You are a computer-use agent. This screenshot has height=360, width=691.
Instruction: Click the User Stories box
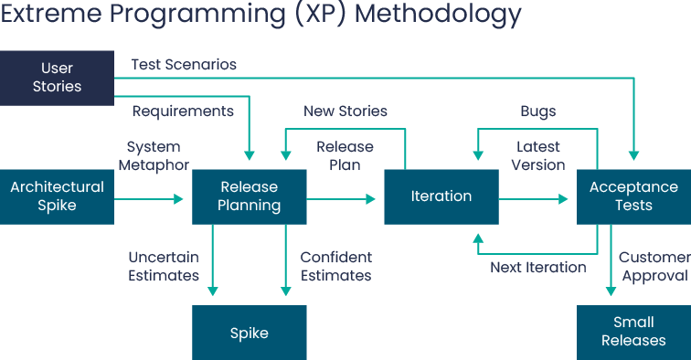(57, 78)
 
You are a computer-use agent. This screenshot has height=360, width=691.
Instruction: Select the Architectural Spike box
(57, 196)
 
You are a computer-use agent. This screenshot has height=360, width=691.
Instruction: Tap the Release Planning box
(250, 196)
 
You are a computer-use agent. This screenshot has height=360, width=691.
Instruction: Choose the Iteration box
(441, 196)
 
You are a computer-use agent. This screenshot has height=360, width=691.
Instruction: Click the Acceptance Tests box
(633, 196)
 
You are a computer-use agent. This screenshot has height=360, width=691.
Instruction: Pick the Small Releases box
(633, 332)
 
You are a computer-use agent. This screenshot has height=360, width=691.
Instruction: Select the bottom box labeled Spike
(250, 332)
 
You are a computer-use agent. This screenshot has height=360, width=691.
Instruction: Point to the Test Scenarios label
(184, 65)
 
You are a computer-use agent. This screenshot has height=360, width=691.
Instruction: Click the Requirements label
(183, 111)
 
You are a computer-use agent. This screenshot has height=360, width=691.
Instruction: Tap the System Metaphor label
(153, 156)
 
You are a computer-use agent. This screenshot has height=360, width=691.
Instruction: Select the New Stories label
(345, 111)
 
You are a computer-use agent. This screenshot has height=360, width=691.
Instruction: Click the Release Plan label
(345, 156)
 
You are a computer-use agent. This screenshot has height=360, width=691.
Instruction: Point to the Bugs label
(537, 111)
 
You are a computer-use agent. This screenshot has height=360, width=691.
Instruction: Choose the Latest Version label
(538, 156)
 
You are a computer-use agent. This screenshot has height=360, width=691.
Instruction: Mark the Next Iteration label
(537, 268)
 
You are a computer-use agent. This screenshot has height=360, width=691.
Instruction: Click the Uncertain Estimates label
(164, 266)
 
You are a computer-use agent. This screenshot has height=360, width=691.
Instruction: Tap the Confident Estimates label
(335, 266)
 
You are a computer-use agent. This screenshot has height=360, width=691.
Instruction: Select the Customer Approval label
(653, 267)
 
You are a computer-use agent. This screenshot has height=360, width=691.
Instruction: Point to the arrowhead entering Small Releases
(611, 291)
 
